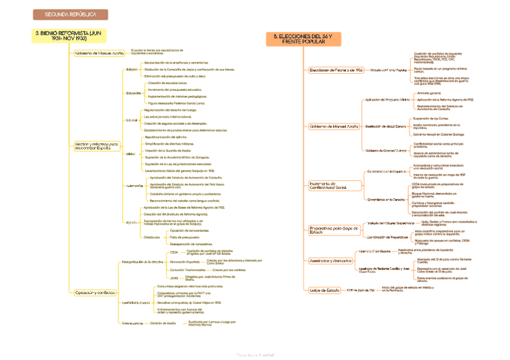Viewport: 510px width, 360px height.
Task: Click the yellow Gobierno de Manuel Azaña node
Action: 99,53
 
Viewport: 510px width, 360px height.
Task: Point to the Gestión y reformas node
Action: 97,146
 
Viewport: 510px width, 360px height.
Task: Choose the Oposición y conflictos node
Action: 95,292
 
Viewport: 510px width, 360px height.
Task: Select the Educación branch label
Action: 134,93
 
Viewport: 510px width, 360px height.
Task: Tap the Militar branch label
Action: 131,154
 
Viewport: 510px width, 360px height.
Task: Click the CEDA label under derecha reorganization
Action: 174,252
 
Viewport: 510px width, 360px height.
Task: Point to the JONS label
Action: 174,279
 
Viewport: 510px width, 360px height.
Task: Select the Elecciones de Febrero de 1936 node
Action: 336,70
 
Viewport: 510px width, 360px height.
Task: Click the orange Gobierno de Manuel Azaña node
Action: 334,127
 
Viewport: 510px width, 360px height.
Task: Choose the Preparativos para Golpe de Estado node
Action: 328,230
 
